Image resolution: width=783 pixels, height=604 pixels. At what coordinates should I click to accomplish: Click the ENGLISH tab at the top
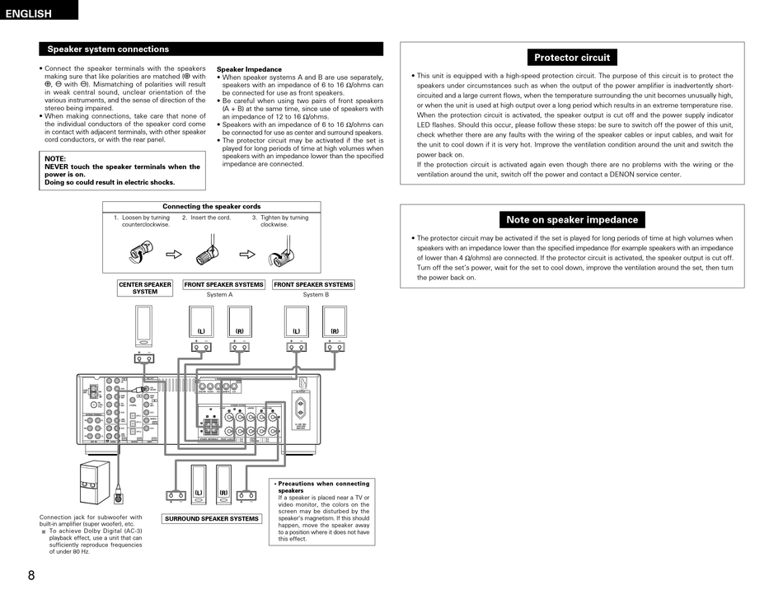point(29,13)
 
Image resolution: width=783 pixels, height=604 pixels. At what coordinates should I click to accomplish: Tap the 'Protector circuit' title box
point(572,58)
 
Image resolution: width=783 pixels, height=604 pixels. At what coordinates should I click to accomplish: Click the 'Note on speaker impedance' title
point(572,220)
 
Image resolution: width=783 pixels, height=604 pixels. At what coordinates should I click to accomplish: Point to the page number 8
point(31,575)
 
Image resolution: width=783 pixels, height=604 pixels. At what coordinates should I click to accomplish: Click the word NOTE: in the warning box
point(55,158)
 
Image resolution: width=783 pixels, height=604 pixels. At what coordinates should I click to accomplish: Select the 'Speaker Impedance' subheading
point(249,69)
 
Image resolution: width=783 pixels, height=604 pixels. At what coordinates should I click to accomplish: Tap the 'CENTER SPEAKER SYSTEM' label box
point(145,288)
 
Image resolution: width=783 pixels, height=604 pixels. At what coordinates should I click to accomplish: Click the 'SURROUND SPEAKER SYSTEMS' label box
point(212,519)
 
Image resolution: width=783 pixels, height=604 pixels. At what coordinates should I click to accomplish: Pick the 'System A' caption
point(219,295)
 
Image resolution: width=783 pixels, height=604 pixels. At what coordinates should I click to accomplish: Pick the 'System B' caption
point(315,295)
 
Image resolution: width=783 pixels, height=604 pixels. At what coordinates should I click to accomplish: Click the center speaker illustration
point(144,325)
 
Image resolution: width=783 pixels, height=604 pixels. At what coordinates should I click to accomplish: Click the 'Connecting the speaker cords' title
point(212,207)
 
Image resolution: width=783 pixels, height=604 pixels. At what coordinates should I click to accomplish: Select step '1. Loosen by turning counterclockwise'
point(145,221)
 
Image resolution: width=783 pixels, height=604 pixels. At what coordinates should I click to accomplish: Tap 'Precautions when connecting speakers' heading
point(324,487)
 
